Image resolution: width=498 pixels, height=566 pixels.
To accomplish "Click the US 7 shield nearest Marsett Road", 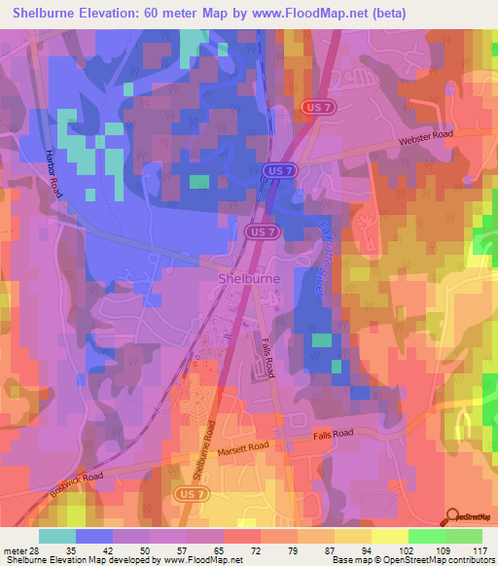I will [189, 496].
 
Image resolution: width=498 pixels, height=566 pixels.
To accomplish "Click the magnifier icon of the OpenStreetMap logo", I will [452, 516].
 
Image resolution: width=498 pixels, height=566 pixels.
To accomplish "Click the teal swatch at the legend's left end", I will [56, 536].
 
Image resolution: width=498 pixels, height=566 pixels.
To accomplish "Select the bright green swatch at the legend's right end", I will [465, 536].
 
